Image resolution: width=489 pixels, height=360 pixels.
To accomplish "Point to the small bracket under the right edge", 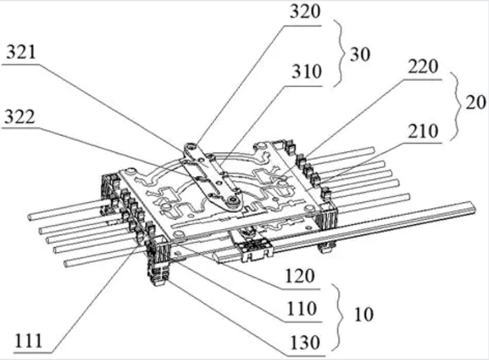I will coord(326,246).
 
